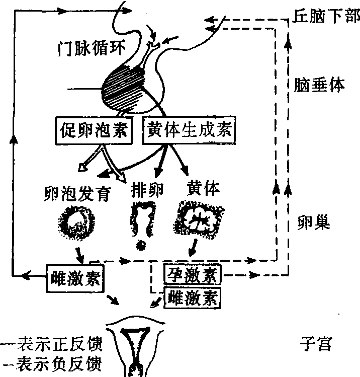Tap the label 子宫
point(315,345)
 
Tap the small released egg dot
point(141,245)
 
